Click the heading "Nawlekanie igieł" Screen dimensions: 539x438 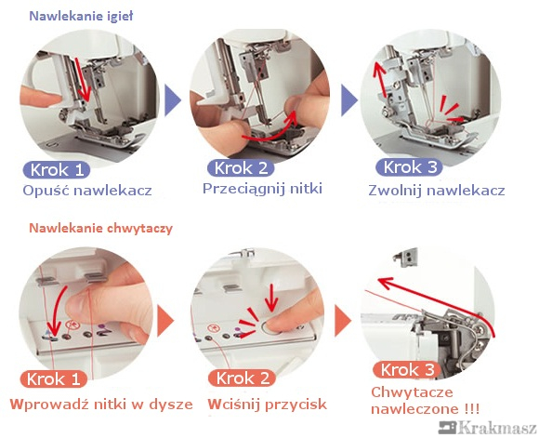point(81,16)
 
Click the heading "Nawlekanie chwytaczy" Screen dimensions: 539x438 point(100,229)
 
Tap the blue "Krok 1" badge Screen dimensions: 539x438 point(57,170)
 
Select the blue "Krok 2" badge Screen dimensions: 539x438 point(241,168)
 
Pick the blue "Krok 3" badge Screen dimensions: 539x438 point(409,167)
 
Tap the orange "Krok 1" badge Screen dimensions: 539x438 point(53,379)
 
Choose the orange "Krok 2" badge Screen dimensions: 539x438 point(243,378)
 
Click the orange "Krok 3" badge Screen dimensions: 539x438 point(407,370)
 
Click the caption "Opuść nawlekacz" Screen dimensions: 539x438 point(87,191)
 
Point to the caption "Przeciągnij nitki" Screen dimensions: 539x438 point(262,189)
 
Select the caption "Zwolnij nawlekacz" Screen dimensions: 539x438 point(437,191)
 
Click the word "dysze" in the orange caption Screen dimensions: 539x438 point(171,405)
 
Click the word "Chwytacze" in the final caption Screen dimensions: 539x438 point(412,392)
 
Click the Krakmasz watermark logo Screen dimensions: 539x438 point(488,428)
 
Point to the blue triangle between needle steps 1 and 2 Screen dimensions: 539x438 point(172,100)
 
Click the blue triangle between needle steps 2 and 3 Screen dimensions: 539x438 point(348,100)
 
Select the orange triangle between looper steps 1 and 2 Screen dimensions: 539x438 point(165,320)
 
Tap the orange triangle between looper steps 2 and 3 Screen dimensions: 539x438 point(342,320)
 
